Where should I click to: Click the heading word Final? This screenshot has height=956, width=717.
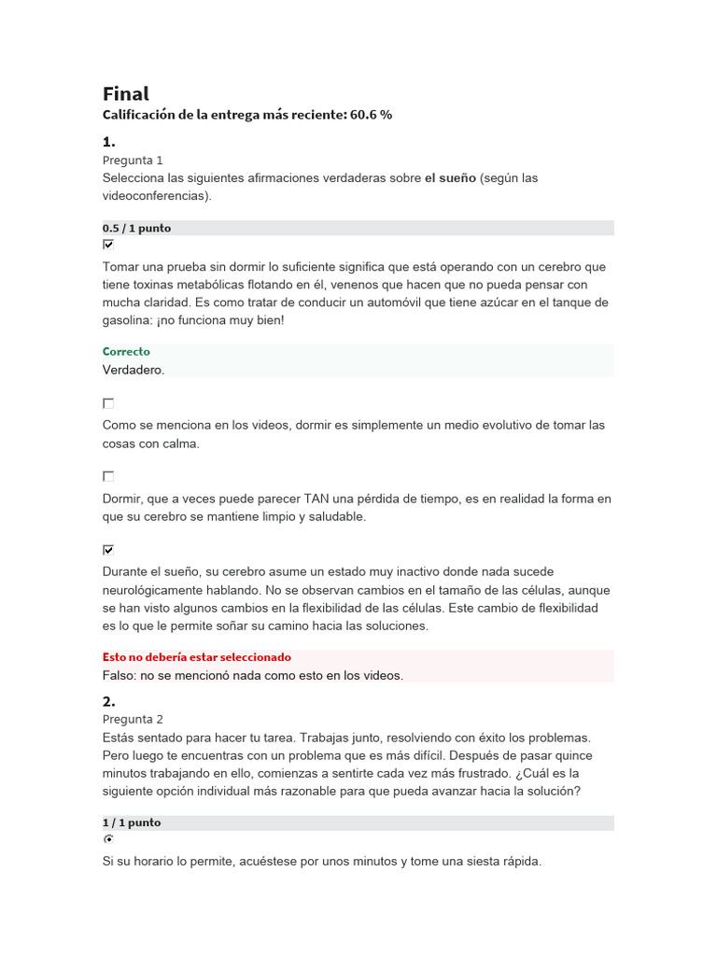125,93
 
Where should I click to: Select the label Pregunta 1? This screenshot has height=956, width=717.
133,161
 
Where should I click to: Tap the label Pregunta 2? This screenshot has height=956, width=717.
133,719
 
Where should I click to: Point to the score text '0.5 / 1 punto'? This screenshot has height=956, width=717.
136,228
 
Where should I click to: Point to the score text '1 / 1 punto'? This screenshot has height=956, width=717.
132,822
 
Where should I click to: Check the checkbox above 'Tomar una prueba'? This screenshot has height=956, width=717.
108,245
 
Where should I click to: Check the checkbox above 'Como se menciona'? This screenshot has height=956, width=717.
108,403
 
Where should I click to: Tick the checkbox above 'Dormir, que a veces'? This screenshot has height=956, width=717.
108,476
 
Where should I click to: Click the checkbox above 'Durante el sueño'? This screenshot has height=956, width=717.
108,550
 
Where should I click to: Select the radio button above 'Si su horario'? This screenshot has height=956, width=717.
108,840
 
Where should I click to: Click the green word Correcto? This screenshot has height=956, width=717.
126,352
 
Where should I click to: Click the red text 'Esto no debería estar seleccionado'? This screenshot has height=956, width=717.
197,657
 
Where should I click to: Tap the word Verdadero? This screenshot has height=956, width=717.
133,370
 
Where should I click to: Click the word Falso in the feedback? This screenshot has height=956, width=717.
119,675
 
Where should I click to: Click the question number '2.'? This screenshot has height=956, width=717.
108,701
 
